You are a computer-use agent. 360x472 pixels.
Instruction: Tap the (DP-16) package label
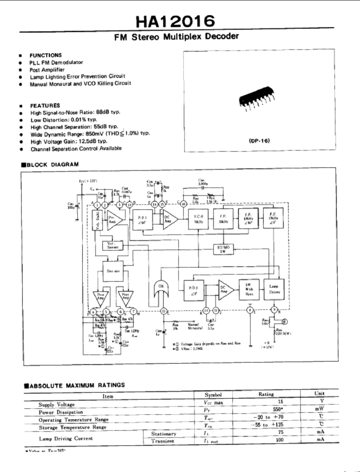[259, 141]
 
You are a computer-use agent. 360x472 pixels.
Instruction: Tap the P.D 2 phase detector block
[196, 289]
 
